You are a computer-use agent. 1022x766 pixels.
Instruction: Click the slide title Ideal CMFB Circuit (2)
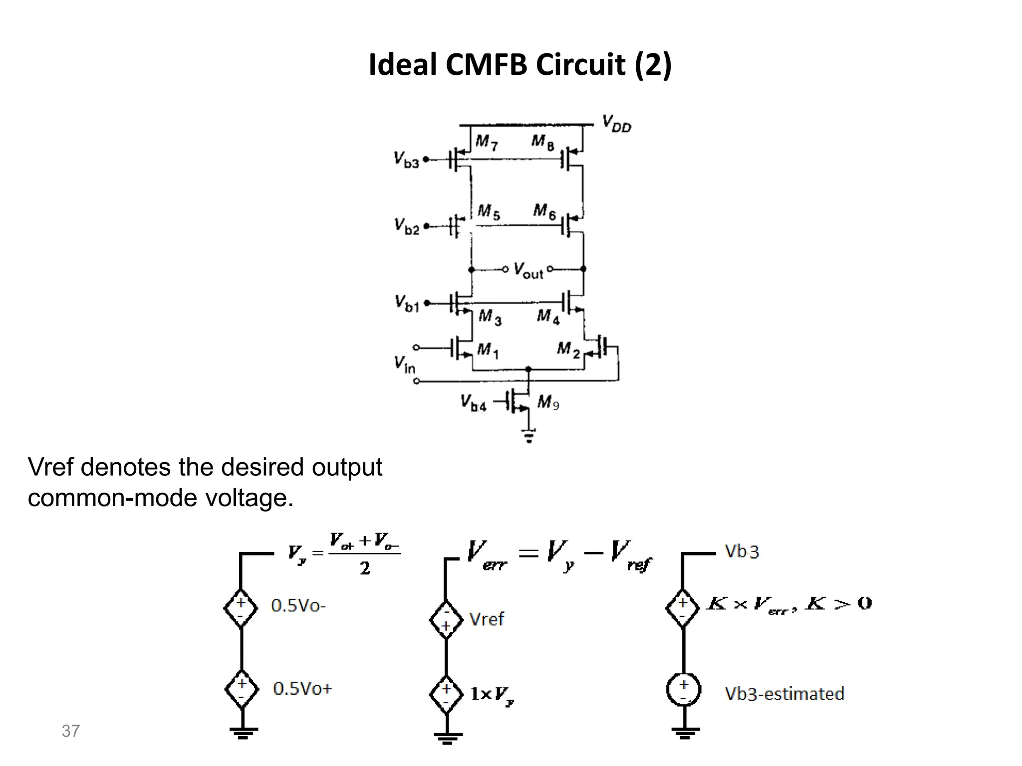click(519, 65)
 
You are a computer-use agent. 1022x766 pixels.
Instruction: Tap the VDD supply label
click(616, 123)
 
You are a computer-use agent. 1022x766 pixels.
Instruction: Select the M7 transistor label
click(486, 142)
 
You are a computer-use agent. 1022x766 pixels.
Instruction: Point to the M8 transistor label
click(542, 142)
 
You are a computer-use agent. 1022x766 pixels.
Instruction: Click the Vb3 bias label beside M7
click(406, 160)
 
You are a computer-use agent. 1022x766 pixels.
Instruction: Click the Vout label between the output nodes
click(528, 271)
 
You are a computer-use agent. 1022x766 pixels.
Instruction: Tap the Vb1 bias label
click(407, 303)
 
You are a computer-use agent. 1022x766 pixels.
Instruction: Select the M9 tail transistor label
click(548, 402)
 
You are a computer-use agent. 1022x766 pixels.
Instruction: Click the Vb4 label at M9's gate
click(473, 403)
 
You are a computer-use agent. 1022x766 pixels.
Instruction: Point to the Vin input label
click(404, 364)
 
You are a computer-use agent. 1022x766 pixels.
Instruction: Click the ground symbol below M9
click(529, 436)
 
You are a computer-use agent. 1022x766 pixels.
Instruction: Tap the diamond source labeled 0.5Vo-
click(241, 608)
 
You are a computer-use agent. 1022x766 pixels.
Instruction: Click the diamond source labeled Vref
click(446, 620)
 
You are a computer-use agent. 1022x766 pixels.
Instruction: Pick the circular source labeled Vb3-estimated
click(684, 690)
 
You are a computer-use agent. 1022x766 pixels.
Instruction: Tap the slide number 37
click(70, 731)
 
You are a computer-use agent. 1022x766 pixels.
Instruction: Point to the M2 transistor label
click(568, 349)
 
